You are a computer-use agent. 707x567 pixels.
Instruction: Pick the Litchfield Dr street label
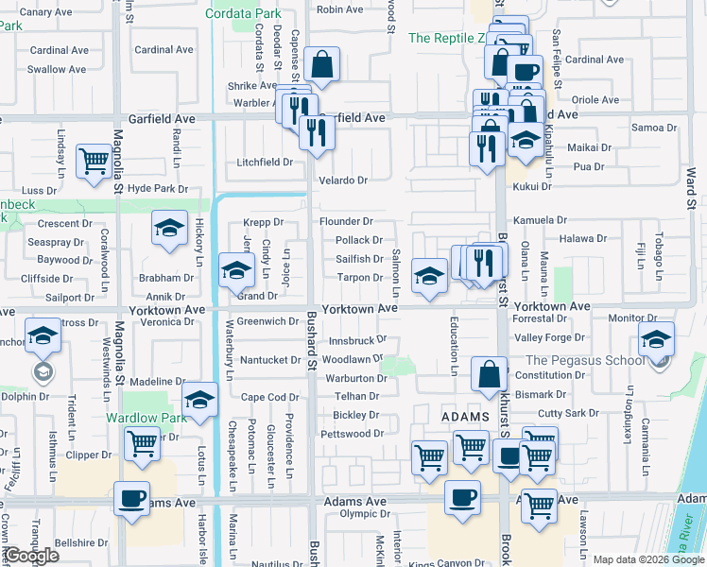click(265, 162)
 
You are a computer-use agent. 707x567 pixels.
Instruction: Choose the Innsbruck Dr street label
click(358, 339)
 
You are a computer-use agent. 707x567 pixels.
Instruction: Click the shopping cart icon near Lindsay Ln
click(94, 161)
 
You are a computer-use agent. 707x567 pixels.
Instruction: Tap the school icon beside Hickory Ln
click(169, 228)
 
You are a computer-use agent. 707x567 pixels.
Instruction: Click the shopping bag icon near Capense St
click(321, 65)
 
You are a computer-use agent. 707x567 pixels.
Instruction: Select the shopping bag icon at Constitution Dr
click(490, 374)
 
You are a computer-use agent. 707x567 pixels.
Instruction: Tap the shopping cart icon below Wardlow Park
click(141, 441)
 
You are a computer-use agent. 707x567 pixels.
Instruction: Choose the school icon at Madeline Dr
click(199, 401)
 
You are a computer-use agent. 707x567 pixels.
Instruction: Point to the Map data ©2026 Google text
click(647, 559)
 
